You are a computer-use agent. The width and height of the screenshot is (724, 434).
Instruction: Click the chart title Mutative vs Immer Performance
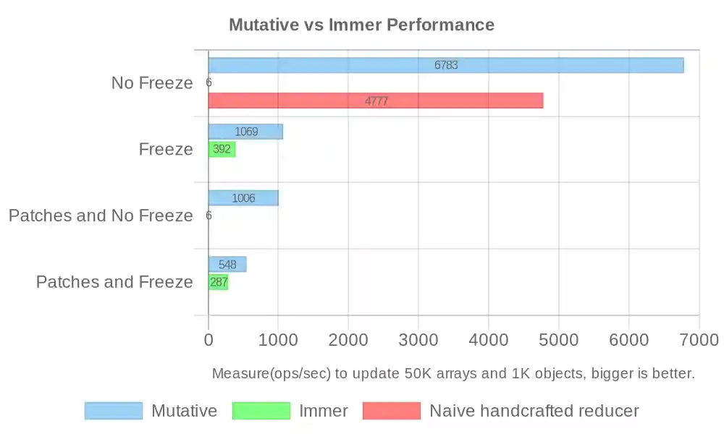coord(361,25)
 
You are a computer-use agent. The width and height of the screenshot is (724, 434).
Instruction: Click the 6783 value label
coord(446,65)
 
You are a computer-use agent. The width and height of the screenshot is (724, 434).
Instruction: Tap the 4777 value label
coord(376,101)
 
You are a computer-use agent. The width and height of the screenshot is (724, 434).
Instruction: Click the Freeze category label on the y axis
coord(166,150)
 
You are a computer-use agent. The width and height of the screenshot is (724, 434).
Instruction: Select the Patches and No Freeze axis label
coord(101,216)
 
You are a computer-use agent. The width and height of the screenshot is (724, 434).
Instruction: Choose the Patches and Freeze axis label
coord(114,282)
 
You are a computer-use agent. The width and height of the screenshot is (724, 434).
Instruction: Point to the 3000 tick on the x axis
coord(418,340)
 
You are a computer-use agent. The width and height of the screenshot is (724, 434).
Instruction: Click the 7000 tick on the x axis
coord(699,340)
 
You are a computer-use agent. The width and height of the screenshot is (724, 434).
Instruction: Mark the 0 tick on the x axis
coord(209,340)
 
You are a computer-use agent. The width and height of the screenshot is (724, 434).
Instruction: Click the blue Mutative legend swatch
coord(114,411)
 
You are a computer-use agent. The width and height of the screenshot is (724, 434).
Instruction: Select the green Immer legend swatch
coord(261,411)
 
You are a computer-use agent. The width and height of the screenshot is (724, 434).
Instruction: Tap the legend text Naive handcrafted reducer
coord(534,411)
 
